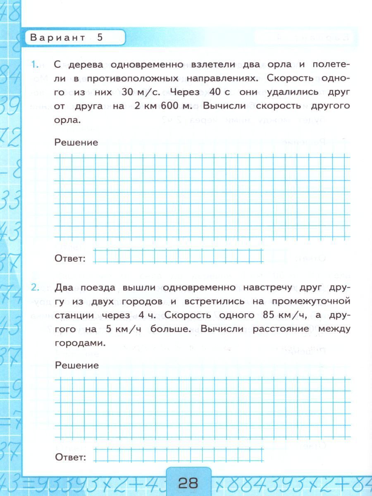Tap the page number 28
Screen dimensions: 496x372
pos(188,482)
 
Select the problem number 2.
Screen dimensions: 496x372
pos(35,287)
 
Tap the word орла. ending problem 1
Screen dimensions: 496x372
pos(66,120)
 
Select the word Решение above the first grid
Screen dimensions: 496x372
pos(76,142)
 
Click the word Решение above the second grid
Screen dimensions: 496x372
pos(76,365)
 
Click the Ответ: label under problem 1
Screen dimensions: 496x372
pos(70,259)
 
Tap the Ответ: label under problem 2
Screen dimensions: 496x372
pos(70,457)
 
